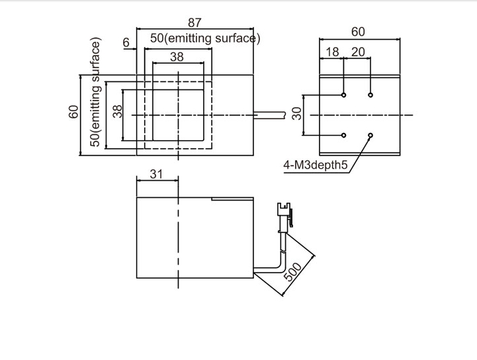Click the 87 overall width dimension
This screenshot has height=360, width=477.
(195, 22)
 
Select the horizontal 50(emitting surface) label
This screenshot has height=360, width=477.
(205, 38)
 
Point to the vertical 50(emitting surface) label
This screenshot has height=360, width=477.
(96, 93)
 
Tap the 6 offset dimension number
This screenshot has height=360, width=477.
(126, 42)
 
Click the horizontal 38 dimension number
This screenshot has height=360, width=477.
(177, 57)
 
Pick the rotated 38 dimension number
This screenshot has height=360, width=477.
(118, 111)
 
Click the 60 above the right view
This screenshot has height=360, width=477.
(358, 32)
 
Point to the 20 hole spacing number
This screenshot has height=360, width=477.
(357, 52)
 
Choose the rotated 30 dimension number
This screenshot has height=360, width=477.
(297, 113)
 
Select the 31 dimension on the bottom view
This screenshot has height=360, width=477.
(155, 174)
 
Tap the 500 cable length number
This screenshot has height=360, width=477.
(293, 271)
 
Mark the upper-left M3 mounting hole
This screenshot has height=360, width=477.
(344, 95)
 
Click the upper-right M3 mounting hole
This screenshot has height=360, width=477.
(370, 95)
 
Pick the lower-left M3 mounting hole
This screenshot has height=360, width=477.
(344, 135)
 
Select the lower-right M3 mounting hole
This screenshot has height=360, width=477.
(370, 135)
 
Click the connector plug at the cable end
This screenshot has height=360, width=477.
(285, 217)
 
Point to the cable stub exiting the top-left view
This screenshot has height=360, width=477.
(269, 115)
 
